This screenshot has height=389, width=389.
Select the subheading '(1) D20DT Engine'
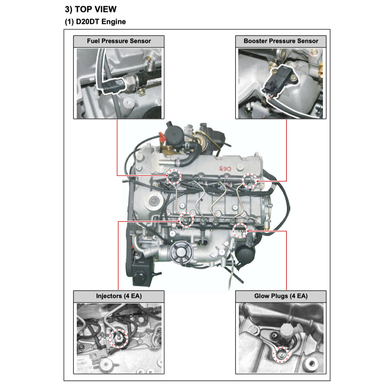(95, 22)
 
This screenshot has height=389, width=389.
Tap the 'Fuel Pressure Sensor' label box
(119, 41)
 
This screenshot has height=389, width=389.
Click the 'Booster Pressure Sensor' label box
(281, 41)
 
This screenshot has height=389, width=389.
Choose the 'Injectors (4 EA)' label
(119, 296)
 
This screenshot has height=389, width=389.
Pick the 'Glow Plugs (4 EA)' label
(281, 296)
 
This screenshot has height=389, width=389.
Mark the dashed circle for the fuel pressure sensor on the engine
(174, 177)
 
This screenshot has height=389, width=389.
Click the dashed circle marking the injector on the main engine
(186, 220)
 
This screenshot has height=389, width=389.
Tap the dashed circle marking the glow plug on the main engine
(240, 230)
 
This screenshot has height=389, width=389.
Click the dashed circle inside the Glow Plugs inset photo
(281, 354)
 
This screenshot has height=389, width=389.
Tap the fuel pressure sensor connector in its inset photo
(111, 84)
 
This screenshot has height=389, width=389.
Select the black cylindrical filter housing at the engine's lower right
(245, 255)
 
